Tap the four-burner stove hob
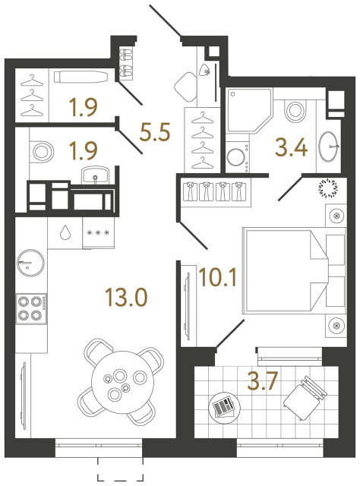click(x=32, y=308)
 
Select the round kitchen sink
click(x=30, y=260)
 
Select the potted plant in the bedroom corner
click(x=333, y=187)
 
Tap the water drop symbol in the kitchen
click(x=65, y=232)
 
